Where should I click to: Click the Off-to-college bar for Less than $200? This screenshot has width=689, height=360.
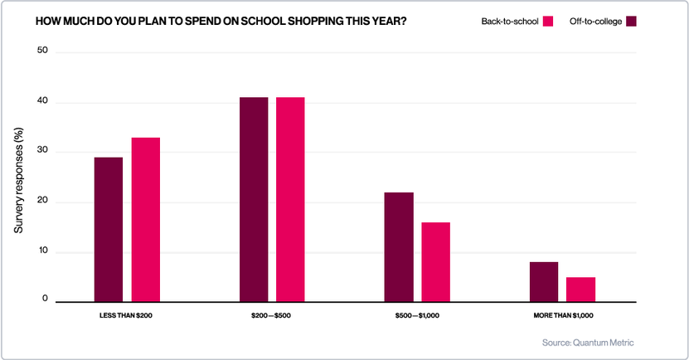tap(109, 230)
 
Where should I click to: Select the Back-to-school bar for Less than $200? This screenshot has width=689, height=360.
tap(145, 220)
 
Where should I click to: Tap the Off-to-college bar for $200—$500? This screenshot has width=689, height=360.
tap(254, 200)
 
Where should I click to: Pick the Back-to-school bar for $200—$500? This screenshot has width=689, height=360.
tap(290, 200)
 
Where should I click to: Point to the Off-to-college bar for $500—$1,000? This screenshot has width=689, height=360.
tap(399, 247)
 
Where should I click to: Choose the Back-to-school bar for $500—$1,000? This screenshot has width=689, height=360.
tap(435, 262)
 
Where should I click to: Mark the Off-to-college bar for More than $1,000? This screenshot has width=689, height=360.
tap(544, 282)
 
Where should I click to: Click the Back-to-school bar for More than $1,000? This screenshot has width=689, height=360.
tap(580, 289)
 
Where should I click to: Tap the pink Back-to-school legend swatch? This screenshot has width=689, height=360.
tap(548, 21)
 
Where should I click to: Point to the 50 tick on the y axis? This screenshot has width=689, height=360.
tap(43, 51)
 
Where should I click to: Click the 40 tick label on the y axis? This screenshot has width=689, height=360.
tap(43, 102)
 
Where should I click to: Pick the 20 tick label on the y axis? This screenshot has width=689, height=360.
tap(43, 202)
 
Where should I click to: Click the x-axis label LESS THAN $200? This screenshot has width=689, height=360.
tap(126, 316)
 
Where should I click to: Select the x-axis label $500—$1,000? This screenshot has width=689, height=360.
tap(417, 316)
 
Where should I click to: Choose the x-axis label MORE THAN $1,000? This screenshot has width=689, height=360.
tap(562, 316)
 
